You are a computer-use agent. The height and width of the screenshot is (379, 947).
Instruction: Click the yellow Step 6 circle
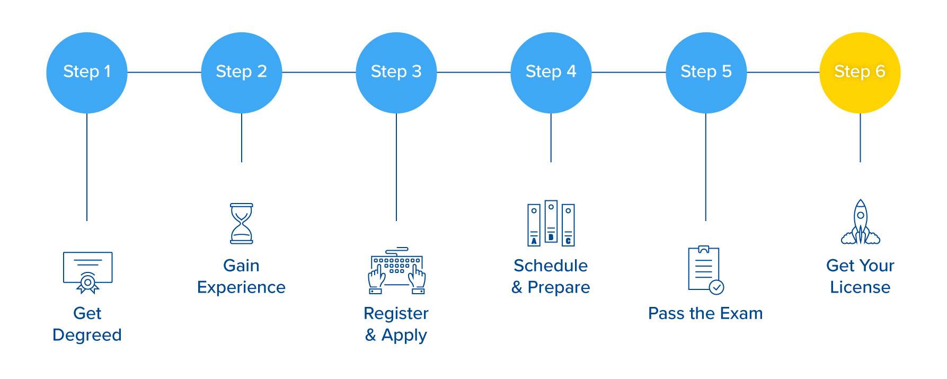pos(860,73)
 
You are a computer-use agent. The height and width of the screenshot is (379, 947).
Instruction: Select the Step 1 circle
pos(87,73)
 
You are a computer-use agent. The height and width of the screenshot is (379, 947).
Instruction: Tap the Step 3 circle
pos(396,73)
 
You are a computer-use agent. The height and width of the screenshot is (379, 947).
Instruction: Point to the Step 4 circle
pos(551,73)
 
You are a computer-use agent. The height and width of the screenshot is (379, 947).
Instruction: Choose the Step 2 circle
pos(241,73)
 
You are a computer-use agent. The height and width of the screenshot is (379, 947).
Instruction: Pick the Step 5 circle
pos(705,73)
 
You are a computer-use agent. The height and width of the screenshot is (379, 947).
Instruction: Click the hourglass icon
pos(241,223)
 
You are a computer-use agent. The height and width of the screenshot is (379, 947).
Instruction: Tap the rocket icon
pos(860,223)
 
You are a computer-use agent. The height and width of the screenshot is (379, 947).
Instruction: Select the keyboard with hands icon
pos(396,270)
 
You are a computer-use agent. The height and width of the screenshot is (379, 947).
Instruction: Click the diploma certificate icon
pos(87,272)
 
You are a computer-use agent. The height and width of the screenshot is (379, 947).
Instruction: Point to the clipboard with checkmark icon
pos(705,270)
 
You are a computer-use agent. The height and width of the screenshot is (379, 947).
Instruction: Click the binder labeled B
pos(551,222)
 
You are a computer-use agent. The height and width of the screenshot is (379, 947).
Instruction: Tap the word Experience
pos(241,287)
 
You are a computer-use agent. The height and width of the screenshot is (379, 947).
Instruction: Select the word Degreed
pos(87,335)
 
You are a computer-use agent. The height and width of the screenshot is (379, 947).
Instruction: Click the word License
pos(860,287)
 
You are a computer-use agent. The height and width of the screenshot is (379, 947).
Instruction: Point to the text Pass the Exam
pos(705,313)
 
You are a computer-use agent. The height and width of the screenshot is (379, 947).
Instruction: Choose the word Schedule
pos(551,266)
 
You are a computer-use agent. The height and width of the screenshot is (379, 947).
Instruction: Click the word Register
pos(396,313)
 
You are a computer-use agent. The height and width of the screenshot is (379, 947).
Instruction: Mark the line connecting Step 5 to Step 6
pos(783,72)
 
